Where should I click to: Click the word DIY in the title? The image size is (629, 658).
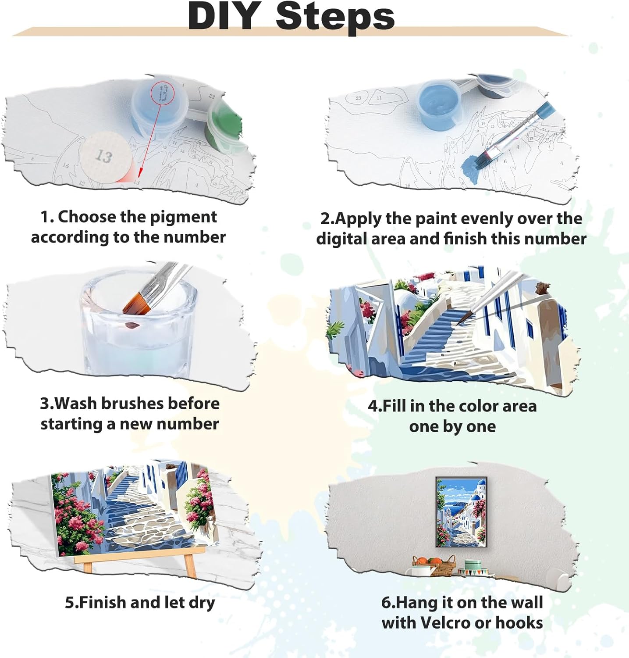tap(224, 16)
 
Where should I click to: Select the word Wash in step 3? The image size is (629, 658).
tap(76, 403)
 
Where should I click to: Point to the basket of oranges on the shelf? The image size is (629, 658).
tap(434, 565)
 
